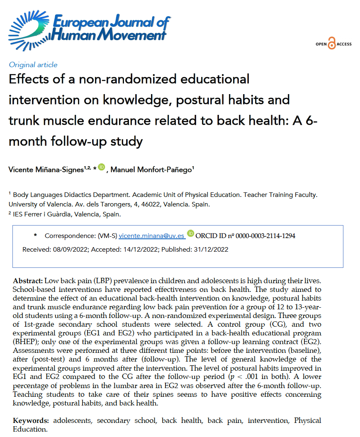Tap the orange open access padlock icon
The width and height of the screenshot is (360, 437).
coord(331,44)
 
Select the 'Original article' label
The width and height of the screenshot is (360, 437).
coord(33,65)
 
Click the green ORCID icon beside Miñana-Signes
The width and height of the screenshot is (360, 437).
coord(102,168)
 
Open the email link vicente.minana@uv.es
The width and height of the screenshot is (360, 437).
coord(151,236)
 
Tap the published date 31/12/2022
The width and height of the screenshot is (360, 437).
coord(211,250)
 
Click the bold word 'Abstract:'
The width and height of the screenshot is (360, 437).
coord(28,281)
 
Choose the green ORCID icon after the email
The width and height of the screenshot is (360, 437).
coord(190,234)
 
